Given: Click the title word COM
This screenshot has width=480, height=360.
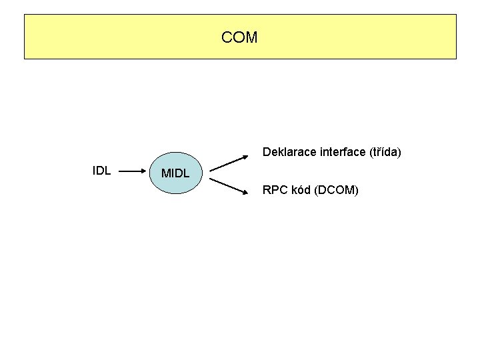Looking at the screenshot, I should (239, 37).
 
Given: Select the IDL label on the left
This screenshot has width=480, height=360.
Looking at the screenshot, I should (101, 170).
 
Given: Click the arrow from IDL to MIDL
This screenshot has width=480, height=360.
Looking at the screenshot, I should (133, 171).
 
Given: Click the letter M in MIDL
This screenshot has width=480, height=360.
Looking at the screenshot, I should (166, 173).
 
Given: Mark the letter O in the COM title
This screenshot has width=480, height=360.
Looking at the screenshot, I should (239, 37).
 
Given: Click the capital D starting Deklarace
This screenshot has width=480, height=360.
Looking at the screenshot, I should (267, 152).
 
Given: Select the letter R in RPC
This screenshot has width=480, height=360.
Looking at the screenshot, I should (267, 191).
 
